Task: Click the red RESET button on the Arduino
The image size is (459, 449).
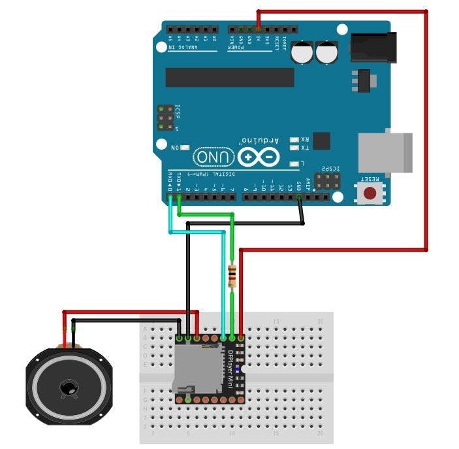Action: coord(370,193)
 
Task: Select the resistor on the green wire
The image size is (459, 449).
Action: coord(232,276)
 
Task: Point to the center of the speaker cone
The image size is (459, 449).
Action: coord(68,388)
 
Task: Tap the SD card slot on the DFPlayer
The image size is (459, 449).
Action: coord(198,369)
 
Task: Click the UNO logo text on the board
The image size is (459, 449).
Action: coord(214,158)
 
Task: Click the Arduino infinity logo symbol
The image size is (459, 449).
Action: coord(259,158)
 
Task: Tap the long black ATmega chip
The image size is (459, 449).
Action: coord(229,77)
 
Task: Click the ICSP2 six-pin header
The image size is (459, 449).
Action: coord(327,181)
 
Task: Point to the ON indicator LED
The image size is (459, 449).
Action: coord(185,148)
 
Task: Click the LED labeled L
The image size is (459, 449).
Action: coord(295,163)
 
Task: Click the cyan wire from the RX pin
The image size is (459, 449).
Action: coord(171,216)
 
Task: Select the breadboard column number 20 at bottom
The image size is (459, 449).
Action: coord(319,433)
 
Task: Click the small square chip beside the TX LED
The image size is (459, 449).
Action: coord(321,141)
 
